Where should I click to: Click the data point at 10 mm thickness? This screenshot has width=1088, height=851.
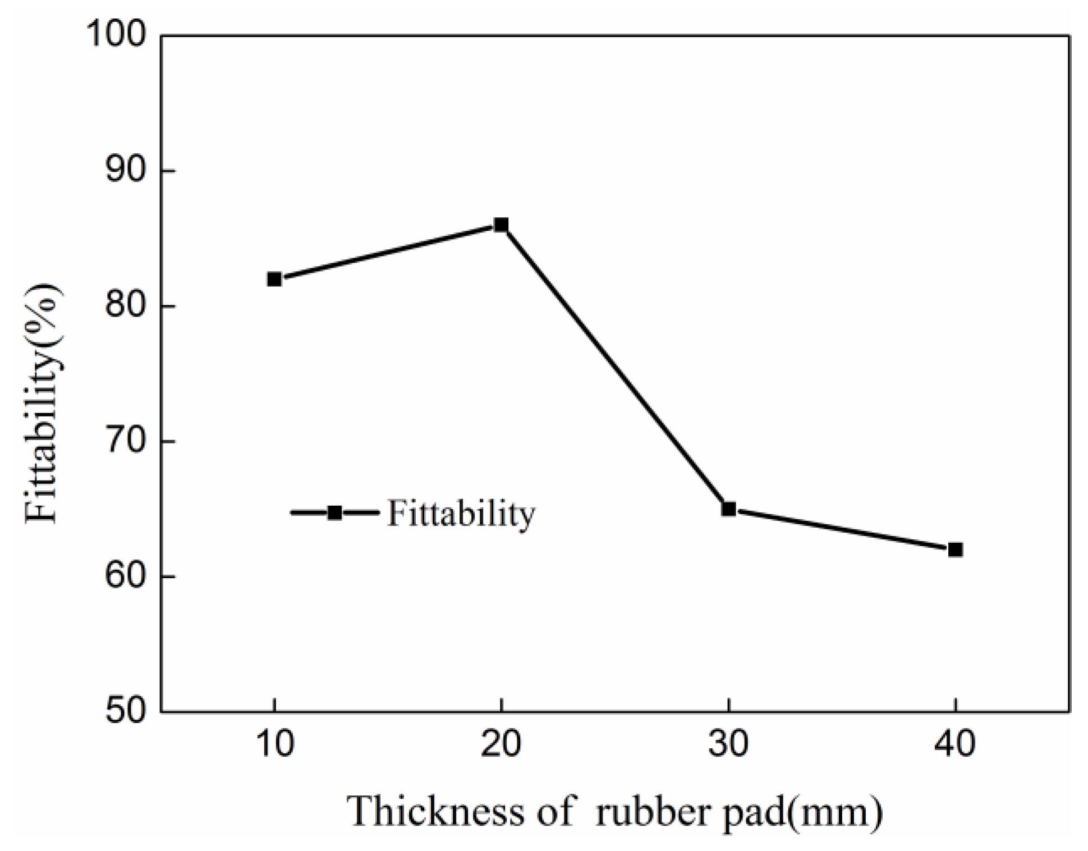pyautogui.click(x=274, y=279)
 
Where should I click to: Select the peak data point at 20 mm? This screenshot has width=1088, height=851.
pyautogui.click(x=501, y=225)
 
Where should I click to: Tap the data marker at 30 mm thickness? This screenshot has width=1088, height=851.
pyautogui.click(x=728, y=509)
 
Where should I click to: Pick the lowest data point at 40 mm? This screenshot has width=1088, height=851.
pyautogui.click(x=955, y=550)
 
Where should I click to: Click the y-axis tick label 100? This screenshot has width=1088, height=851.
pyautogui.click(x=117, y=35)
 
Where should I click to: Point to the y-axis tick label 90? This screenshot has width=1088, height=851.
pyautogui.click(x=124, y=171)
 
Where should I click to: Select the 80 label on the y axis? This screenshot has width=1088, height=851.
pyautogui.click(x=124, y=306)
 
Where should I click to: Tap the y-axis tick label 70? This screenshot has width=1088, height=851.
pyautogui.click(x=124, y=442)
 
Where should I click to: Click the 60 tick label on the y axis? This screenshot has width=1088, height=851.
pyautogui.click(x=124, y=577)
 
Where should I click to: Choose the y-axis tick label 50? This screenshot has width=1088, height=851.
pyautogui.click(x=124, y=711)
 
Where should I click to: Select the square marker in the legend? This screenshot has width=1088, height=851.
pyautogui.click(x=334, y=513)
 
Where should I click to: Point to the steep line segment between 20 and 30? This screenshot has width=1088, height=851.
pyautogui.click(x=614, y=367)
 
